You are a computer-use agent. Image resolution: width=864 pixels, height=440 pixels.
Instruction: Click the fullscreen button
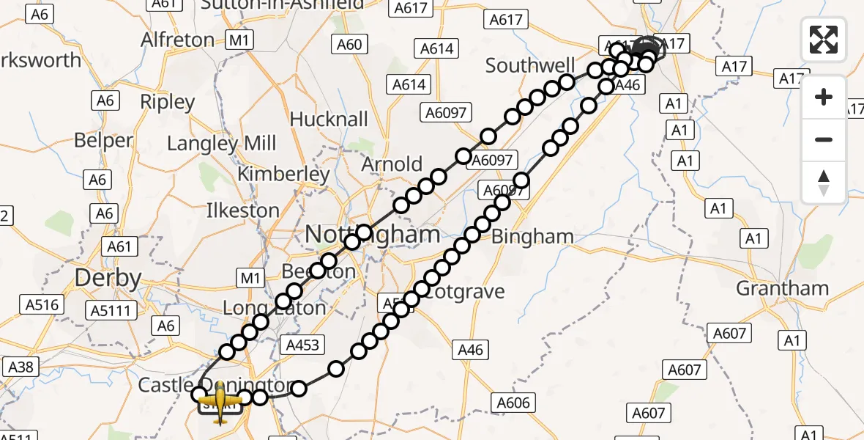point(824,40)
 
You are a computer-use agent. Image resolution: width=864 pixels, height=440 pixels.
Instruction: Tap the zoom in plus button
point(824,97)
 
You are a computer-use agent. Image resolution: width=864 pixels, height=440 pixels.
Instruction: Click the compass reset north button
point(824,183)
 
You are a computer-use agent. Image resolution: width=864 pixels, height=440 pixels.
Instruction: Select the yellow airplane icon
point(220,401)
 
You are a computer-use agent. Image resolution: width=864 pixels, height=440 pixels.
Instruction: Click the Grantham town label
point(782,287)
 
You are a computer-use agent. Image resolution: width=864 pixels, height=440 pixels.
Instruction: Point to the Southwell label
point(531,66)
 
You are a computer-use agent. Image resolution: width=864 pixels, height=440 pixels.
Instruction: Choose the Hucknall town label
point(329,119)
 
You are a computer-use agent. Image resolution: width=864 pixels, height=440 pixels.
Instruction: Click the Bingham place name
point(532,236)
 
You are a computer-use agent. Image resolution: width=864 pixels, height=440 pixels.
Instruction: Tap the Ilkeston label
point(243,210)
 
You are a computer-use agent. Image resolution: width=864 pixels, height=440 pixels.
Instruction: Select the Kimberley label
point(283,175)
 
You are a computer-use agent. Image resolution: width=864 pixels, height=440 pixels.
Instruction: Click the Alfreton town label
point(178,39)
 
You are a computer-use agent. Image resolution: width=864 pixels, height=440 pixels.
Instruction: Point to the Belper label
point(103,140)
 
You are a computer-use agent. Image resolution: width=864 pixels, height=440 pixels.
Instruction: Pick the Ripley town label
point(167,101)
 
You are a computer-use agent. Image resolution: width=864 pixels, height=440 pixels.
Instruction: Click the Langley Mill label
point(222,143)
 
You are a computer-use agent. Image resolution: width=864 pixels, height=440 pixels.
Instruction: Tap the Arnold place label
point(392,164)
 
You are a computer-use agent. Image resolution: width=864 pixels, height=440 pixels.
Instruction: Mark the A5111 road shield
point(111,311)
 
